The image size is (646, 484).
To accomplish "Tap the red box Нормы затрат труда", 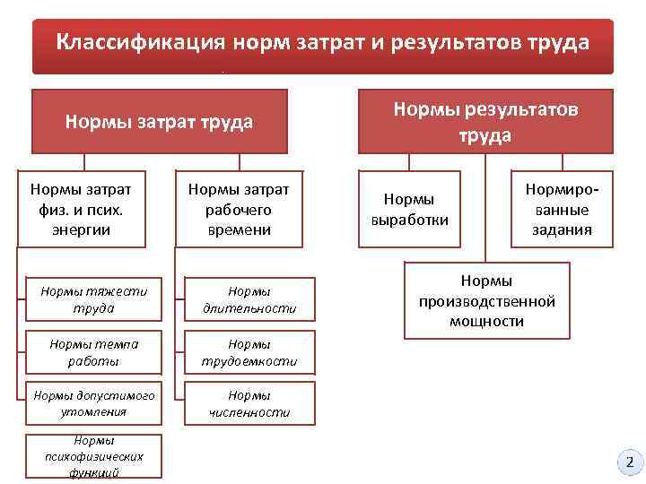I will click(x=159, y=122).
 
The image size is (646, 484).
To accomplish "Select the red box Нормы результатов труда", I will click(x=485, y=122).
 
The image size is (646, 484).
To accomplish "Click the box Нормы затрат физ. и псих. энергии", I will click(x=81, y=209).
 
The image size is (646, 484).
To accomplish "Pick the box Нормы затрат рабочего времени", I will click(x=238, y=209).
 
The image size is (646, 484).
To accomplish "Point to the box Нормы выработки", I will click(x=409, y=209).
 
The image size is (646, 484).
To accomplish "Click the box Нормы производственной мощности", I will click(x=487, y=301).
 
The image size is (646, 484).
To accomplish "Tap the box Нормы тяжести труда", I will click(x=93, y=299).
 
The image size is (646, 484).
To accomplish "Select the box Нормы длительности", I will click(x=250, y=299).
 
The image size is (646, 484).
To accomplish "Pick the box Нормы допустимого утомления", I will click(x=93, y=403).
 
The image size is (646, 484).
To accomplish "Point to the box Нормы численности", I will click(x=250, y=403).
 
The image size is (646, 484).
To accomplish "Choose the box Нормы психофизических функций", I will click(x=93, y=457).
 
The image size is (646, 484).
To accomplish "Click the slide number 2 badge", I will click(x=629, y=462).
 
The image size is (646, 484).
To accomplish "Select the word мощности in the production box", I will click(x=487, y=321).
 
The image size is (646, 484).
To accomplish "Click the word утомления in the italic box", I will click(x=94, y=412).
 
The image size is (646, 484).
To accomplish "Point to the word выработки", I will click(x=409, y=219).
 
